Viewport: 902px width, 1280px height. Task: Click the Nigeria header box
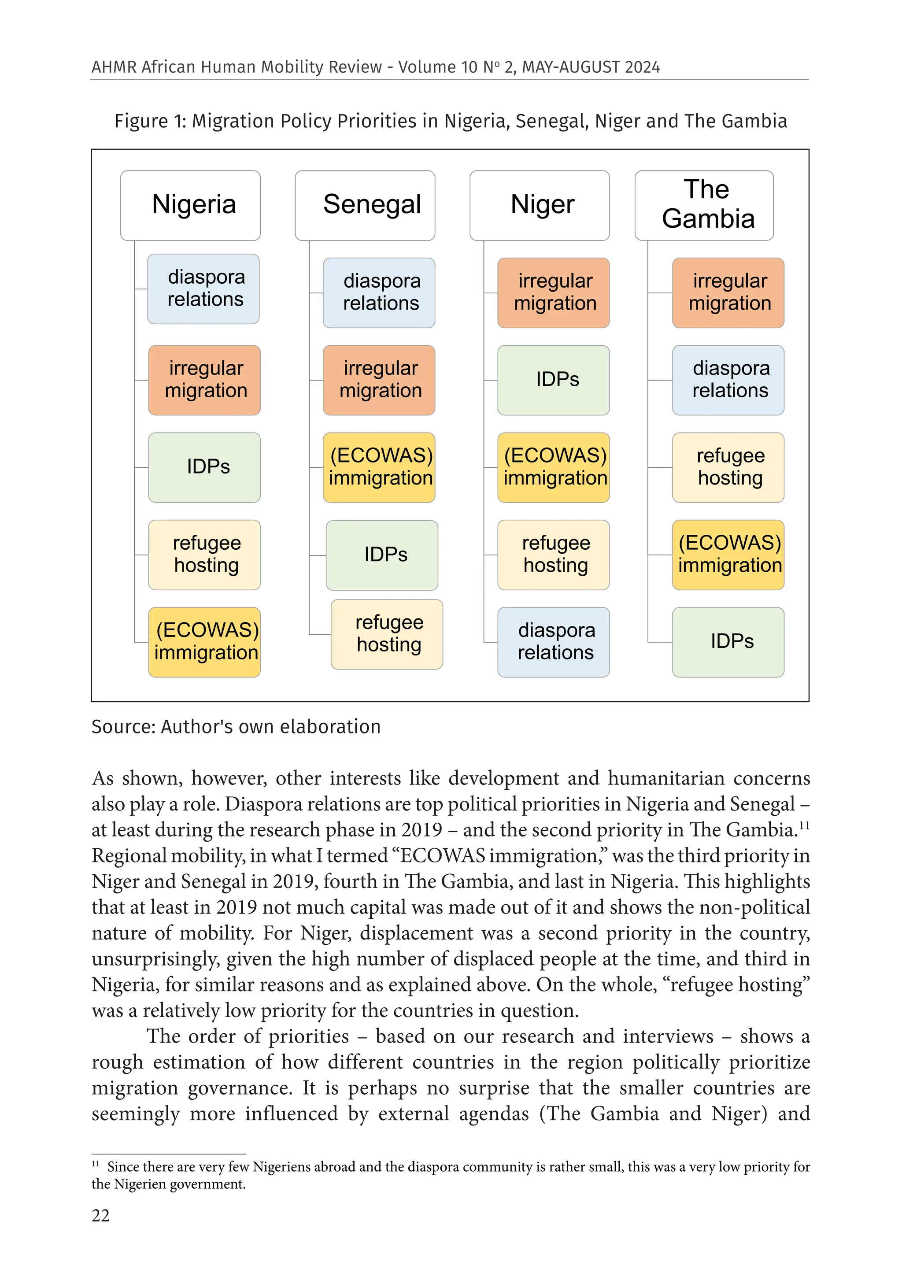coord(190,205)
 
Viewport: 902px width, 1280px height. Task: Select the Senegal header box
coord(365,205)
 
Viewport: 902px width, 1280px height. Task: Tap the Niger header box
coord(539,205)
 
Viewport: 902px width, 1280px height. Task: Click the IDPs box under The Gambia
coord(728,642)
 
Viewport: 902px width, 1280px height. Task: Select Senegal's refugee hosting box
coord(386,634)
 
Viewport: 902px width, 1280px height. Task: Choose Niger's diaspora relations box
coord(553,642)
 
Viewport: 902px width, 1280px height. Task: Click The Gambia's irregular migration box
coord(728,292)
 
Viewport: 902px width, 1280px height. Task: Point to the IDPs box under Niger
coord(553,380)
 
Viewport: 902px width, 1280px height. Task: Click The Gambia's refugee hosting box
coord(728,467)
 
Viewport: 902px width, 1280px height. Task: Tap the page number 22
coord(100,1215)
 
